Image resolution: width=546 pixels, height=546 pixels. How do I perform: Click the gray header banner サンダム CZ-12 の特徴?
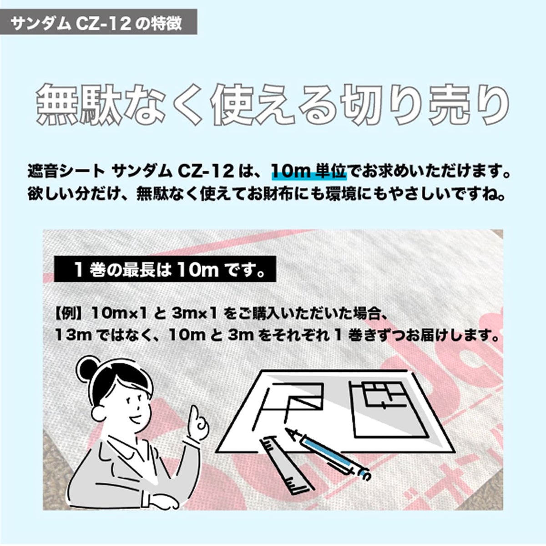click(x=98, y=22)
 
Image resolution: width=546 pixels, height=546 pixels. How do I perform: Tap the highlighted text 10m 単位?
click(x=309, y=172)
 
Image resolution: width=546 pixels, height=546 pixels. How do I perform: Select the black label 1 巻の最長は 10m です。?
click(x=165, y=269)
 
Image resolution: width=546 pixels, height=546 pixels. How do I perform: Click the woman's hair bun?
click(x=87, y=369)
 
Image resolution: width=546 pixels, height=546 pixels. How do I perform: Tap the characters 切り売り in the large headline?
click(x=424, y=104)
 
